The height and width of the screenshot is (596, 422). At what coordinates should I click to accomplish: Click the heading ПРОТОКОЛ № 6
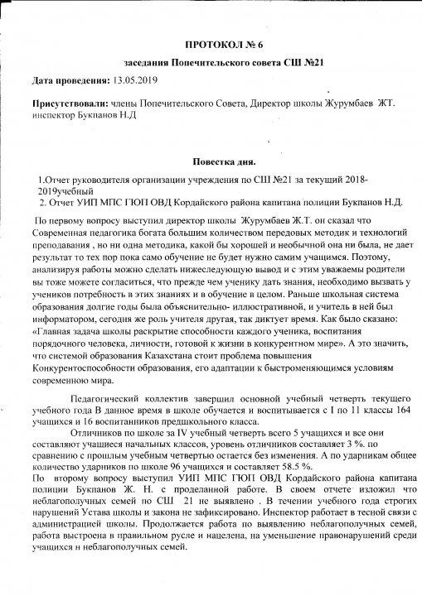tap(227, 40)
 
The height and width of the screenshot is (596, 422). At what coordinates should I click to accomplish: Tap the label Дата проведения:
tap(70, 81)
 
